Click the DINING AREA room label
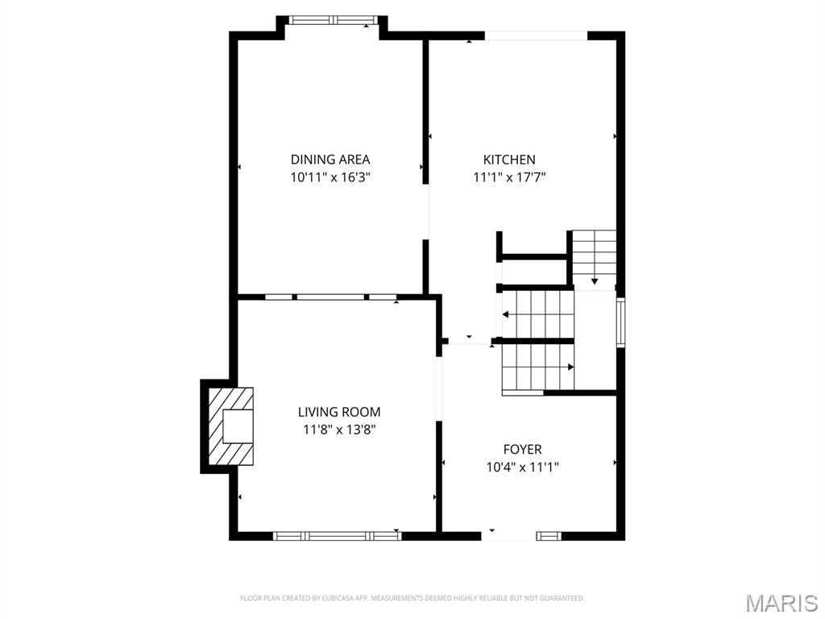(330, 160)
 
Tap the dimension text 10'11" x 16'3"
(330, 177)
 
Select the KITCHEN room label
(509, 160)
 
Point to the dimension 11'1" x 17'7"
(509, 177)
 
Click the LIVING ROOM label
(339, 412)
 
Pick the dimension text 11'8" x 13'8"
(339, 430)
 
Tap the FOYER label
(522, 449)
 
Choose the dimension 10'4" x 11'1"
(522, 467)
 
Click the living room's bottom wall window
(338, 535)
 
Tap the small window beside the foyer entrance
(549, 535)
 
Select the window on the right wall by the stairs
(620, 322)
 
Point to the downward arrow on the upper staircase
(595, 280)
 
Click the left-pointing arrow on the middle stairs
(506, 314)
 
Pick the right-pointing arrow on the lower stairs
(570, 367)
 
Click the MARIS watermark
(781, 602)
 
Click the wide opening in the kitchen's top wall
(537, 35)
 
